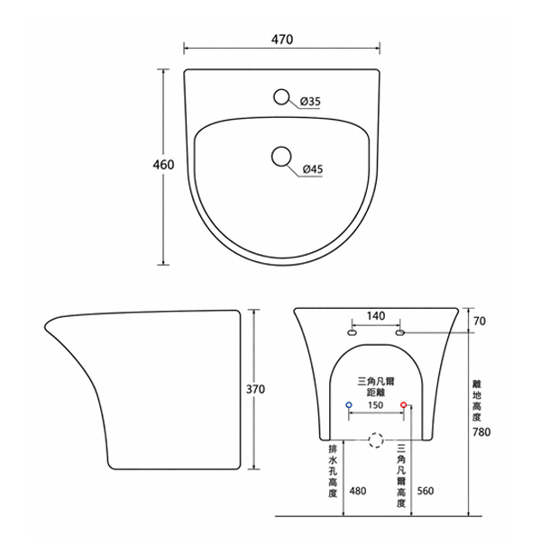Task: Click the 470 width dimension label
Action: click(282, 40)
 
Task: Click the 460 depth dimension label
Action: click(163, 165)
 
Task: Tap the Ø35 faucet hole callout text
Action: click(310, 102)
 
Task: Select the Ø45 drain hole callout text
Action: click(313, 169)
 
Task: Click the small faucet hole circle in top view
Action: click(281, 96)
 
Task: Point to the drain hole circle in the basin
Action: click(281, 156)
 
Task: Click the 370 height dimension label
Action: click(255, 389)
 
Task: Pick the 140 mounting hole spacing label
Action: click(376, 316)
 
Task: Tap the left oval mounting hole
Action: click(352, 332)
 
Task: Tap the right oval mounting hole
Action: click(399, 332)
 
